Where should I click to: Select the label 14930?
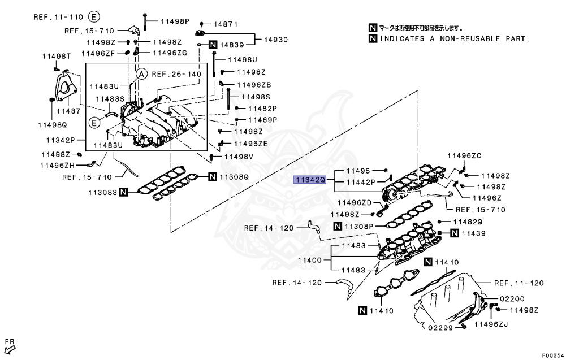coord(276,40)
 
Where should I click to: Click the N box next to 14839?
coord(213,44)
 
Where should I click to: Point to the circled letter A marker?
coord(141,74)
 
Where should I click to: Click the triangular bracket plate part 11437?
coord(64,88)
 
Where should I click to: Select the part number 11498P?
coord(175,21)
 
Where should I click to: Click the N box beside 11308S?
coord(123,192)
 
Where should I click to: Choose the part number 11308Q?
coord(234,177)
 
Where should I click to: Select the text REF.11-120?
coord(518,283)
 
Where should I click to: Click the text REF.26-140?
coord(176,74)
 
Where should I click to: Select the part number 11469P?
coord(263,120)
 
